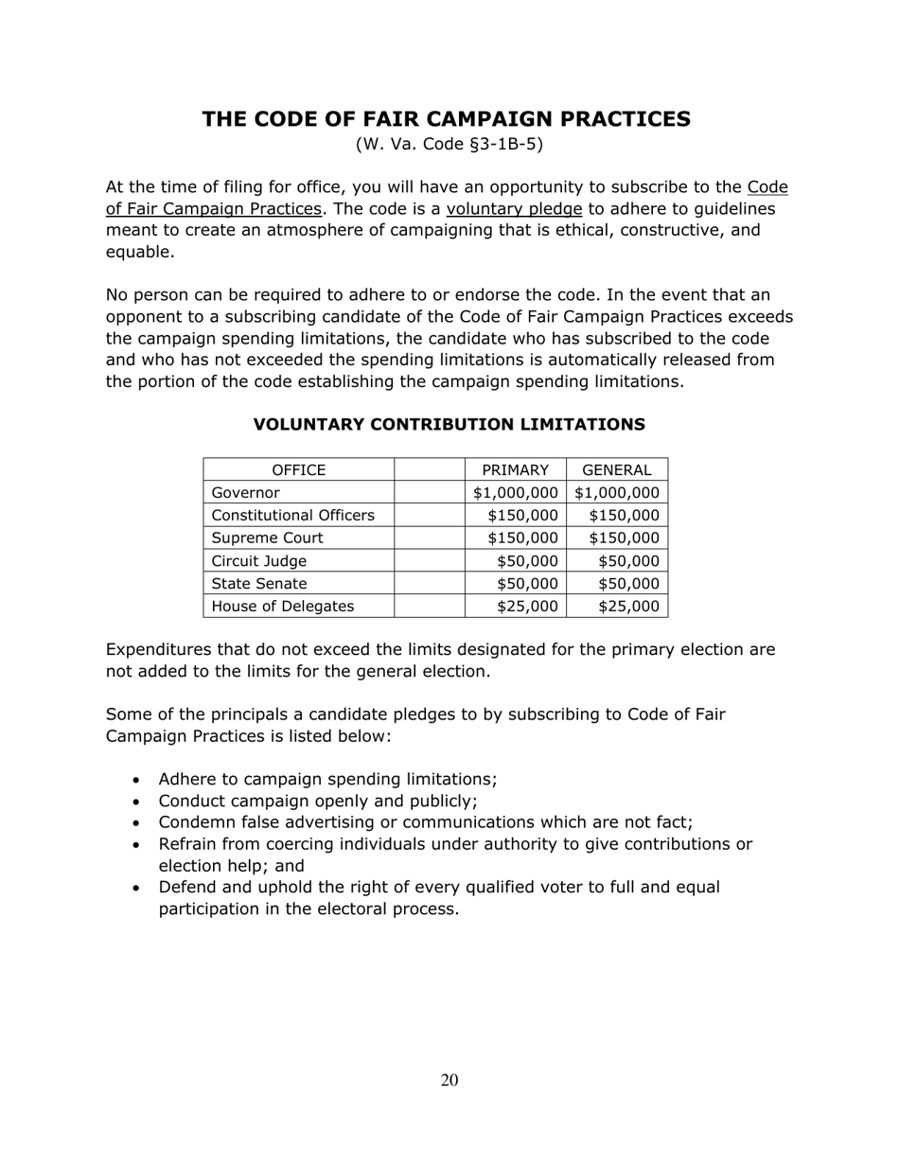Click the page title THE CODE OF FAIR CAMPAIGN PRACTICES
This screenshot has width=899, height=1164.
point(446,118)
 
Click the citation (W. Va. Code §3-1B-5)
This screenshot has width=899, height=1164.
point(449,145)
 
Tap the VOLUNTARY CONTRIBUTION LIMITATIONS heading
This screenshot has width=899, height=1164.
point(449,425)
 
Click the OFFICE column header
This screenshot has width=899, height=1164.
point(298,470)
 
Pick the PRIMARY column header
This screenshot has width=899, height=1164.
point(515,470)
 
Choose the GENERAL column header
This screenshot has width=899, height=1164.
point(617,470)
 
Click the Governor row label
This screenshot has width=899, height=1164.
point(246,493)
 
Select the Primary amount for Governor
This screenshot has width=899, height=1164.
point(516,493)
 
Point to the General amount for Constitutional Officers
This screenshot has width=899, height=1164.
point(624,516)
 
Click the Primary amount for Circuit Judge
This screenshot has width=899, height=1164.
point(527,561)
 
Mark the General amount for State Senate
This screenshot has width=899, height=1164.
point(628,584)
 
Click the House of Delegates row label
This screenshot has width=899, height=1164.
point(282,607)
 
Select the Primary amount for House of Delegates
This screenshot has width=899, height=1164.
point(527,607)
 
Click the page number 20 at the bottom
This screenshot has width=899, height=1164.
point(449,1081)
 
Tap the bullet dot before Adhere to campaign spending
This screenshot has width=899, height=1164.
point(138,781)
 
